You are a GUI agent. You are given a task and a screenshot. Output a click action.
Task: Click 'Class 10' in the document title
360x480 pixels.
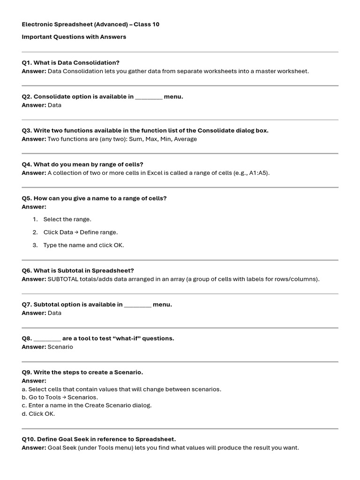click(146, 24)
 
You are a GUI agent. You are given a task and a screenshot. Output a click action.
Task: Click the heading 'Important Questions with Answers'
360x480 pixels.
click(74, 37)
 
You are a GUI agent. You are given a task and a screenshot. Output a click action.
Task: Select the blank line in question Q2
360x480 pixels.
click(149, 97)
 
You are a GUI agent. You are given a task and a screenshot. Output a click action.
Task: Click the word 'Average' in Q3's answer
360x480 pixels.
click(186, 139)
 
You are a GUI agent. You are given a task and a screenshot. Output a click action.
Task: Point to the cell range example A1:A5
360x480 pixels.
click(257, 173)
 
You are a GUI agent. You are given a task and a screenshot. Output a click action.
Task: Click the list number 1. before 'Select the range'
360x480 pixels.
click(35, 219)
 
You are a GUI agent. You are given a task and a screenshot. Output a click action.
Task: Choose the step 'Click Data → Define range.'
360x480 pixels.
click(81, 232)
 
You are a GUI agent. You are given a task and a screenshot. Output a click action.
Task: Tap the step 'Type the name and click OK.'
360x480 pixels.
click(83, 245)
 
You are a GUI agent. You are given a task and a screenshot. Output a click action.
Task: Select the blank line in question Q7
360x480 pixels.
click(138, 305)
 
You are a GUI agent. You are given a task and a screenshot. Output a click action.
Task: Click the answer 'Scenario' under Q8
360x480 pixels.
click(60, 347)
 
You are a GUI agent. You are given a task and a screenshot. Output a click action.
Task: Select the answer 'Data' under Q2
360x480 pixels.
click(54, 105)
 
